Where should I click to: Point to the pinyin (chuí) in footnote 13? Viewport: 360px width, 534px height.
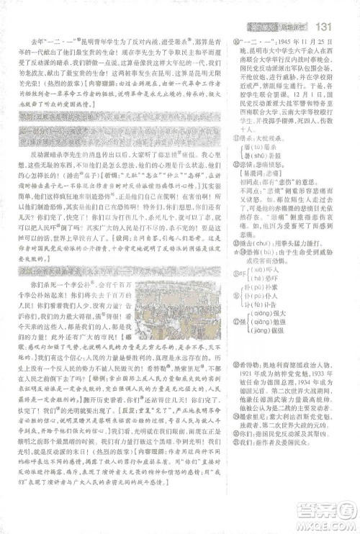tap(268, 283)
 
